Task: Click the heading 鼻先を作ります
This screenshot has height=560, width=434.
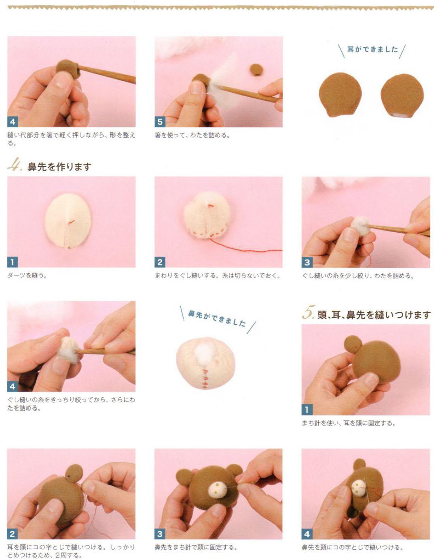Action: (59, 167)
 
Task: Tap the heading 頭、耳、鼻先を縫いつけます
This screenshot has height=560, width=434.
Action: (374, 315)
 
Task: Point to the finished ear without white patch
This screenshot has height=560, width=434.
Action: (340, 94)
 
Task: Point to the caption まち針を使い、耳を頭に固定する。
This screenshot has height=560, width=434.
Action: (348, 423)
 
